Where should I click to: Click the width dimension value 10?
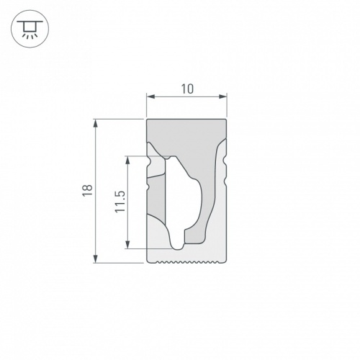187,89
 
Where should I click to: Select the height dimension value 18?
88,191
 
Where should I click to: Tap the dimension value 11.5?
120,202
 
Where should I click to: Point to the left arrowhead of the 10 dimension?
150,96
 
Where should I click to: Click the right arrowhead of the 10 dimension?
223,96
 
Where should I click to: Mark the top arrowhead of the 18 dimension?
96,123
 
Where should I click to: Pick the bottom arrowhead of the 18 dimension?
96,259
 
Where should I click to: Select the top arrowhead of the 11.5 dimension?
128,160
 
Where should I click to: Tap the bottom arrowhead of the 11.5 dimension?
128,245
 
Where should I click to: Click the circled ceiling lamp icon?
30,29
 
